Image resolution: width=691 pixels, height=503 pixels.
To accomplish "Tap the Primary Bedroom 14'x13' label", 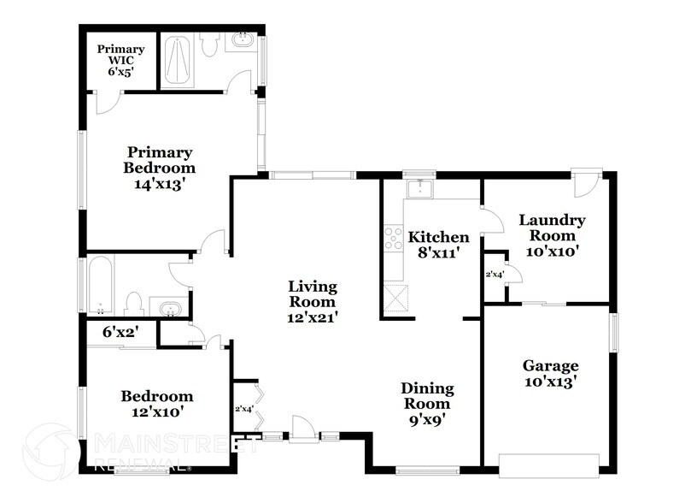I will (158, 168).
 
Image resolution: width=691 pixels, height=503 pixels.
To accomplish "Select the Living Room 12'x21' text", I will (312, 301).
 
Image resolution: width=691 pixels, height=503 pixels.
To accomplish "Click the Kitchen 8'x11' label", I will (438, 244).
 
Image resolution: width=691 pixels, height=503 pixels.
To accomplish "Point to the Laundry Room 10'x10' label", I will (552, 235).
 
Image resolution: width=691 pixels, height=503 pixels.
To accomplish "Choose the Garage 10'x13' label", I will (550, 373).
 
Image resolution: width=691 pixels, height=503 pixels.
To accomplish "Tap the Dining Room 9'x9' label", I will (427, 404).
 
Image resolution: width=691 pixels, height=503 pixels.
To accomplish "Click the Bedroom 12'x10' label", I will (156, 404).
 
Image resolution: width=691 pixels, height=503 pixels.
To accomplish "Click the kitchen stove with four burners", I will (394, 238).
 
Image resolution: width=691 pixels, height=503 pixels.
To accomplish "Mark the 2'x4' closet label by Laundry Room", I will (494, 275).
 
